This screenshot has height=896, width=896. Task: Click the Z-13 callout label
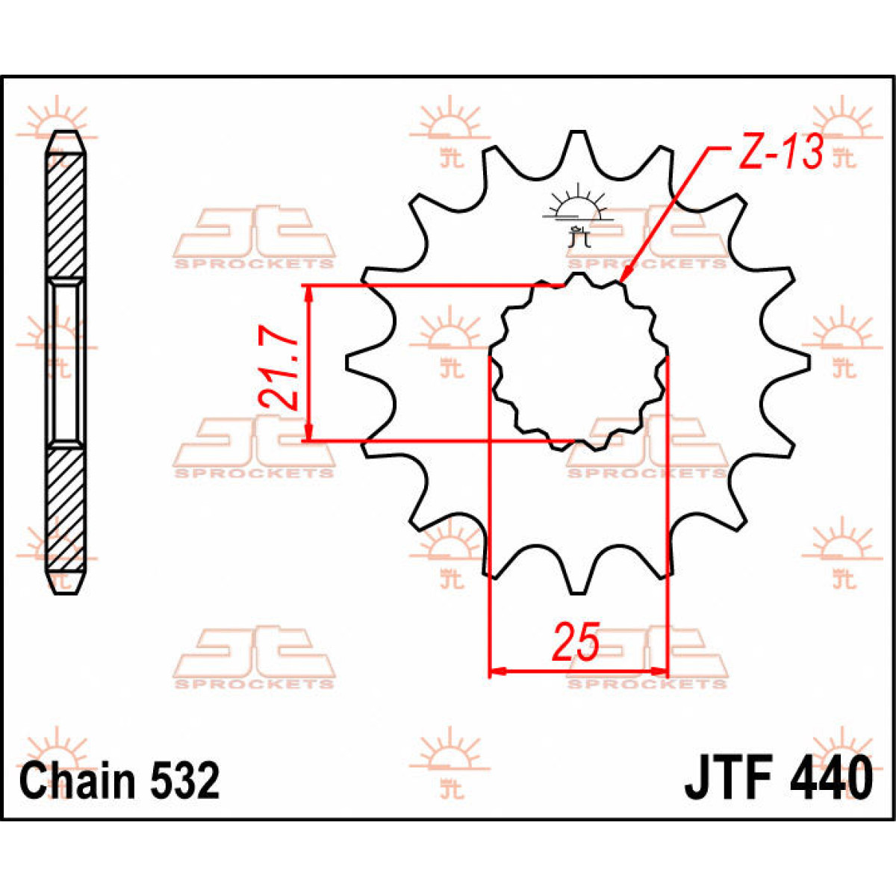pyautogui.click(x=781, y=153)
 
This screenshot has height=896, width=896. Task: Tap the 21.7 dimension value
pyautogui.click(x=279, y=371)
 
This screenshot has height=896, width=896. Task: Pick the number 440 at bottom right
pyautogui.click(x=829, y=778)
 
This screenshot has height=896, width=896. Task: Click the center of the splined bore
pyautogui.click(x=579, y=362)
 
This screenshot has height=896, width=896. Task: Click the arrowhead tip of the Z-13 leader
pyautogui.click(x=621, y=281)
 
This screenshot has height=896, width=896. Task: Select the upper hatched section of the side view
pyautogui.click(x=66, y=217)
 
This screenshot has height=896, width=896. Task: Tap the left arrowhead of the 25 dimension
pyautogui.click(x=496, y=671)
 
